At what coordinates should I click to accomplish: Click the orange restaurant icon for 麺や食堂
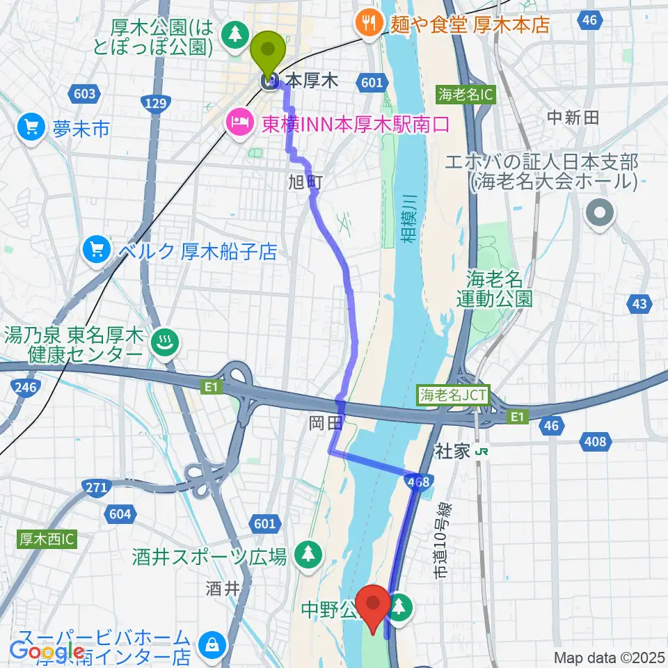367,25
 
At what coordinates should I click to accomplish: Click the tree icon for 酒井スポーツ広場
307,555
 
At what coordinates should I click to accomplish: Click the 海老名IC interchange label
466,94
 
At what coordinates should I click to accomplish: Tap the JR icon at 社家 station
480,452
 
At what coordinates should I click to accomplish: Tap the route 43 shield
640,303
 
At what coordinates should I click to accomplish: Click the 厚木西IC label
46,539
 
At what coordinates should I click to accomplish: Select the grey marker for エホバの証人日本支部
599,212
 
